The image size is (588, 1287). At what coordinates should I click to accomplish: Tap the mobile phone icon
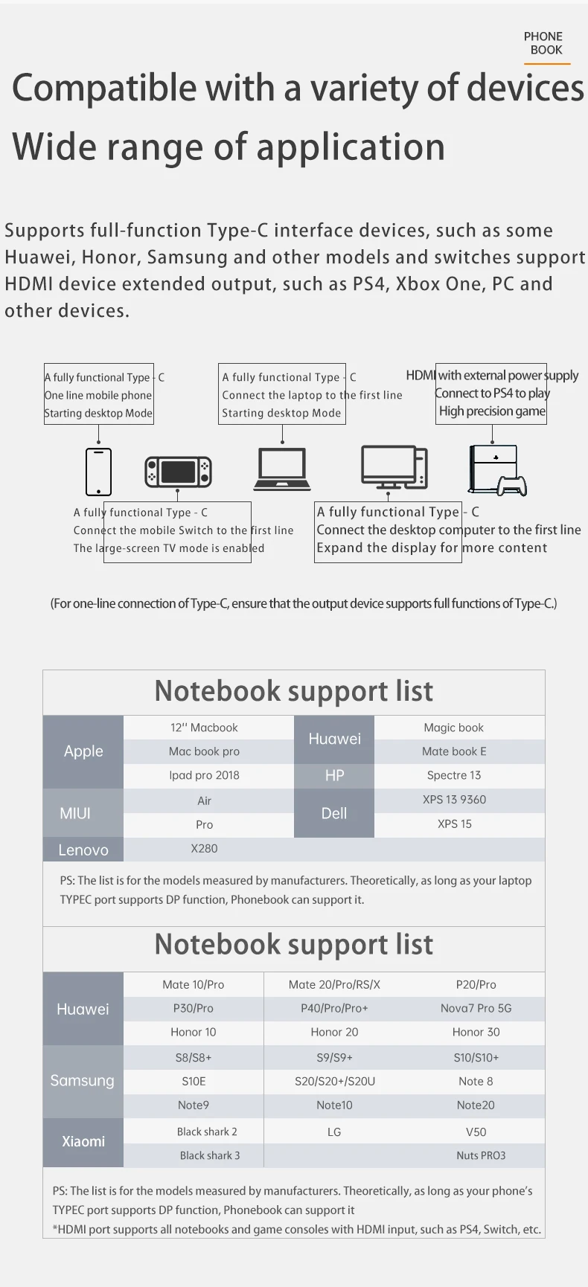98,472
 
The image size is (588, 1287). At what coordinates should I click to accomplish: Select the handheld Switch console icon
178,472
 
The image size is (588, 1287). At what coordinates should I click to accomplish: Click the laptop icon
282,469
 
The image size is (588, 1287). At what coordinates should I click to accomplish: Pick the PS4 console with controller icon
496,470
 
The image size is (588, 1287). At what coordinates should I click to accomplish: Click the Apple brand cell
83,751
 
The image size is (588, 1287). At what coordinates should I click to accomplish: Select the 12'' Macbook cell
204,728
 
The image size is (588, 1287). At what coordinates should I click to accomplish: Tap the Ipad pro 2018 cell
204,775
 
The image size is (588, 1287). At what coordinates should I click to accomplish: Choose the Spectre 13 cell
454,775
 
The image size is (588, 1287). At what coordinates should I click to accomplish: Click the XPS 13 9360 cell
454,800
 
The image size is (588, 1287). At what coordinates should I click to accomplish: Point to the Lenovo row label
83,850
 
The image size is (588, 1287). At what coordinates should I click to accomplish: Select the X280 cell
204,848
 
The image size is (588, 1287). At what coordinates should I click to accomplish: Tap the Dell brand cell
334,813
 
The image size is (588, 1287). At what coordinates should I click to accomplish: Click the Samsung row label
83,1081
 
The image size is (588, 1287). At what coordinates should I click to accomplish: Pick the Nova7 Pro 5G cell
476,1008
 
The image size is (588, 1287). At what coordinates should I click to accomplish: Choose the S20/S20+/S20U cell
335,1081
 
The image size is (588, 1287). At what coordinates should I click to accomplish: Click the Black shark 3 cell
209,1155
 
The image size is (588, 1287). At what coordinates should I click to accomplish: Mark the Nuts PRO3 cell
481,1155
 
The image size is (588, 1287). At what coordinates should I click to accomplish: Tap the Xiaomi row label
83,1141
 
